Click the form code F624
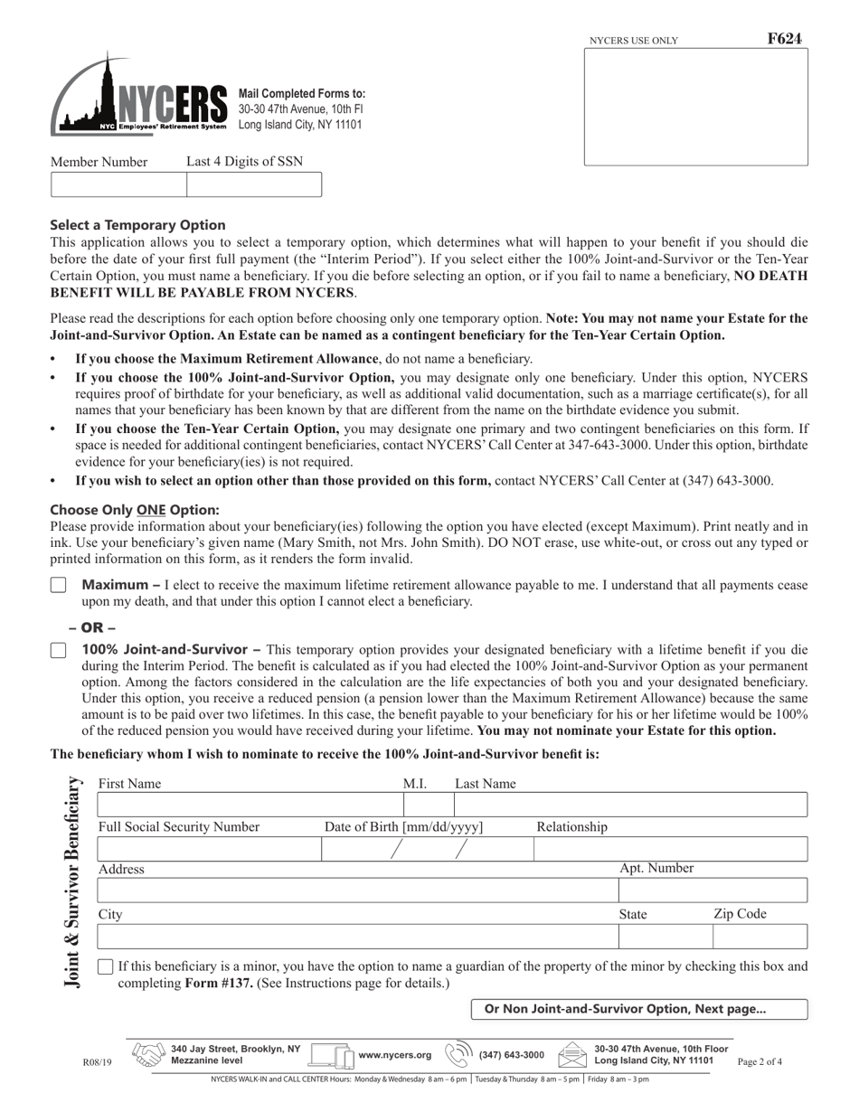coord(784,39)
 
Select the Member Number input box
coord(118,184)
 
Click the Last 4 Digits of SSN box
coord(254,184)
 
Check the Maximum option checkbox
coord(59,586)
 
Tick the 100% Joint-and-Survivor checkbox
coord(59,650)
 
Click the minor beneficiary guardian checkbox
coord(105,966)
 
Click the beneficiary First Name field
coord(250,805)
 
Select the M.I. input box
coord(428,805)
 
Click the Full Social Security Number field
coord(209,849)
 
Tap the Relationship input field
coord(670,849)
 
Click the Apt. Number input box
coord(713,891)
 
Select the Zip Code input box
coord(760,937)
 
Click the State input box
coord(665,937)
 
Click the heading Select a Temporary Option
coord(137,225)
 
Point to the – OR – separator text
coord(92,627)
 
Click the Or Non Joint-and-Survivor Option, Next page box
coord(639,1009)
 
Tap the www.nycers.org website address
coord(395,1055)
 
